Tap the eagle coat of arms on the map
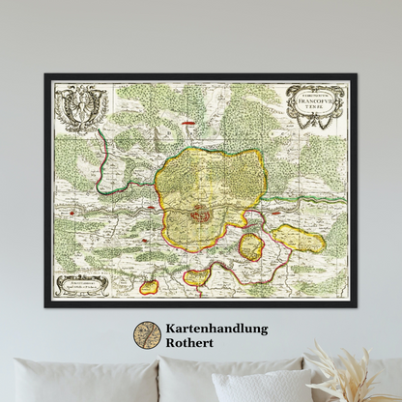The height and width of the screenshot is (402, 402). pos(78,108)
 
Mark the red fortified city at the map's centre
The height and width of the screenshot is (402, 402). pos(200,213)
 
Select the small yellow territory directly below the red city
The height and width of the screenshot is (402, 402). pos(197,277)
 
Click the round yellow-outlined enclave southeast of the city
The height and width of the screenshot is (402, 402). pos(251,246)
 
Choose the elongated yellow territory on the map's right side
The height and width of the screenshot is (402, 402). pos(301,241)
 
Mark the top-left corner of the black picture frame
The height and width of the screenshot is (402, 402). pos(44,75)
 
